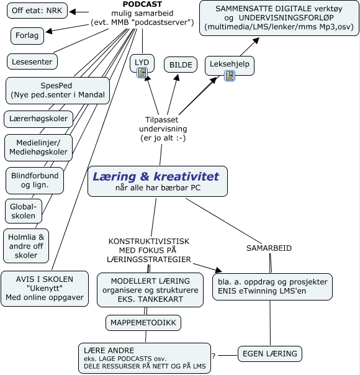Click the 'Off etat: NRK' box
click(x=37, y=11)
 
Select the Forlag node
click(x=27, y=35)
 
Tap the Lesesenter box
click(x=32, y=61)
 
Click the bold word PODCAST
click(x=142, y=4)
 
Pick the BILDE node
click(x=181, y=65)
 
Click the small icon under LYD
click(x=142, y=73)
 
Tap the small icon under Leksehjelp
click(x=230, y=76)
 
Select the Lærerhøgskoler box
click(x=38, y=119)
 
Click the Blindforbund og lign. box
click(x=35, y=181)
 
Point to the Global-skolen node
click(x=24, y=212)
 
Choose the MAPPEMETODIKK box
click(x=143, y=323)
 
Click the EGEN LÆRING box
click(x=270, y=354)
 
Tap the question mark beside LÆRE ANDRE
click(x=214, y=356)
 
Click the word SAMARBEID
click(x=269, y=248)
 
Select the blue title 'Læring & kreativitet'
click(x=156, y=176)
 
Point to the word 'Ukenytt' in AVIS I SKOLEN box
click(x=45, y=288)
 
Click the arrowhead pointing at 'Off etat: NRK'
click(x=73, y=11)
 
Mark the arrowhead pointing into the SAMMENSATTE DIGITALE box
click(x=256, y=40)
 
